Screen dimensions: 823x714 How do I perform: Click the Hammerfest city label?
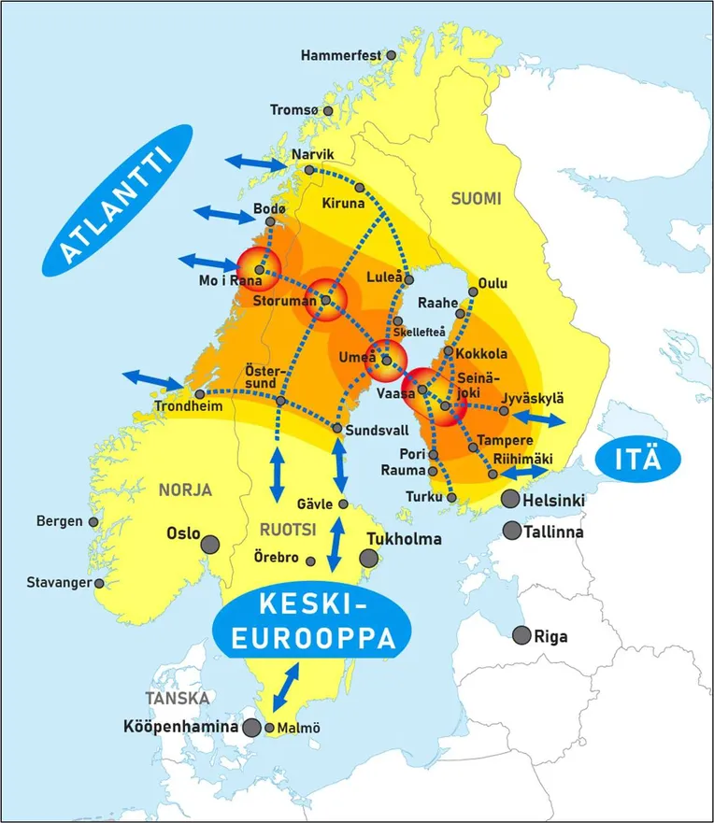click(341, 56)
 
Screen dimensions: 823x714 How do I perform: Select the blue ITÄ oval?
click(637, 460)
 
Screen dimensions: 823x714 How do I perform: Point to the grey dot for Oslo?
click(211, 543)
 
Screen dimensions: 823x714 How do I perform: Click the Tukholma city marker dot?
click(369, 558)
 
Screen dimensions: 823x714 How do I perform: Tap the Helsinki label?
click(554, 502)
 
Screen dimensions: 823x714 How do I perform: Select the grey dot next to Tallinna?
click(511, 531)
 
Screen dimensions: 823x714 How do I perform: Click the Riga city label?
click(550, 637)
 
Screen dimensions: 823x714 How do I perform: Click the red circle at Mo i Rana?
click(259, 269)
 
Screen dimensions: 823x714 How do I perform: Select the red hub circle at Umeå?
click(386, 359)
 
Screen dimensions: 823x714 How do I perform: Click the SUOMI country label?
click(476, 199)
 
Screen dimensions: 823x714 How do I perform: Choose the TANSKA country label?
click(177, 698)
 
